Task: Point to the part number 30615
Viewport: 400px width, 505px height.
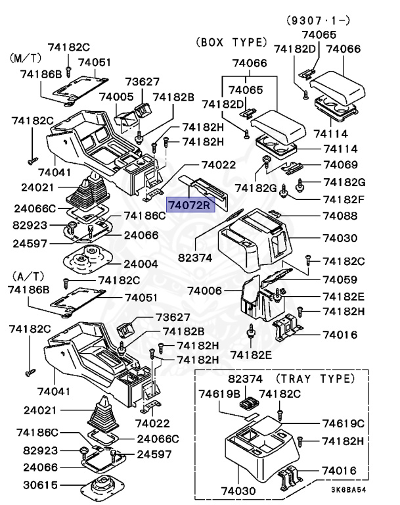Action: tap(39, 486)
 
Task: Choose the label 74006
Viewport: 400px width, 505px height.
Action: tap(205, 290)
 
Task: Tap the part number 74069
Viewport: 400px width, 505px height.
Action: tap(340, 164)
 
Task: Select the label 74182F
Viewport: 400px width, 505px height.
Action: tap(343, 199)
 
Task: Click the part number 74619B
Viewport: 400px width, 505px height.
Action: tap(219, 394)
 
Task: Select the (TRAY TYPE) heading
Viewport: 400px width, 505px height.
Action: tap(315, 379)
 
